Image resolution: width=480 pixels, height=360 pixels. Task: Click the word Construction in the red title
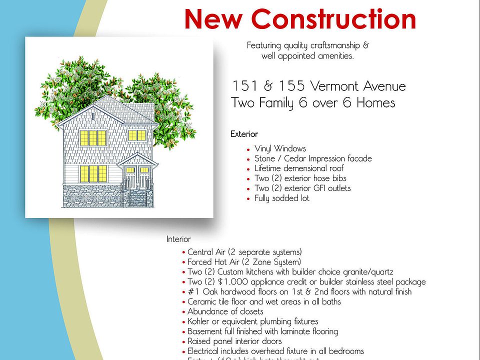[333, 19]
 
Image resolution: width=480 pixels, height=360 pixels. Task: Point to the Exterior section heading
[244, 134]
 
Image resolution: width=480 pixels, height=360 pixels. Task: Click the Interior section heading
[178, 239]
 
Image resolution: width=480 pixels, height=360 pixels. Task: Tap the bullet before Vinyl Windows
[248, 149]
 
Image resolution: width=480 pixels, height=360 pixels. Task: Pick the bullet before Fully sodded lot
[248, 199]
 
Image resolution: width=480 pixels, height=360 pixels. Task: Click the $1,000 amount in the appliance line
[227, 281]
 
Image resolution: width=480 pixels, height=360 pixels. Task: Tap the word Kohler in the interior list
[199, 321]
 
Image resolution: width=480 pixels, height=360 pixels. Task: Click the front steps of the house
[137, 197]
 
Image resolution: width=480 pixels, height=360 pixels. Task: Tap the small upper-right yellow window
[137, 135]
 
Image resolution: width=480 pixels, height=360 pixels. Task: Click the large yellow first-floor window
[93, 173]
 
